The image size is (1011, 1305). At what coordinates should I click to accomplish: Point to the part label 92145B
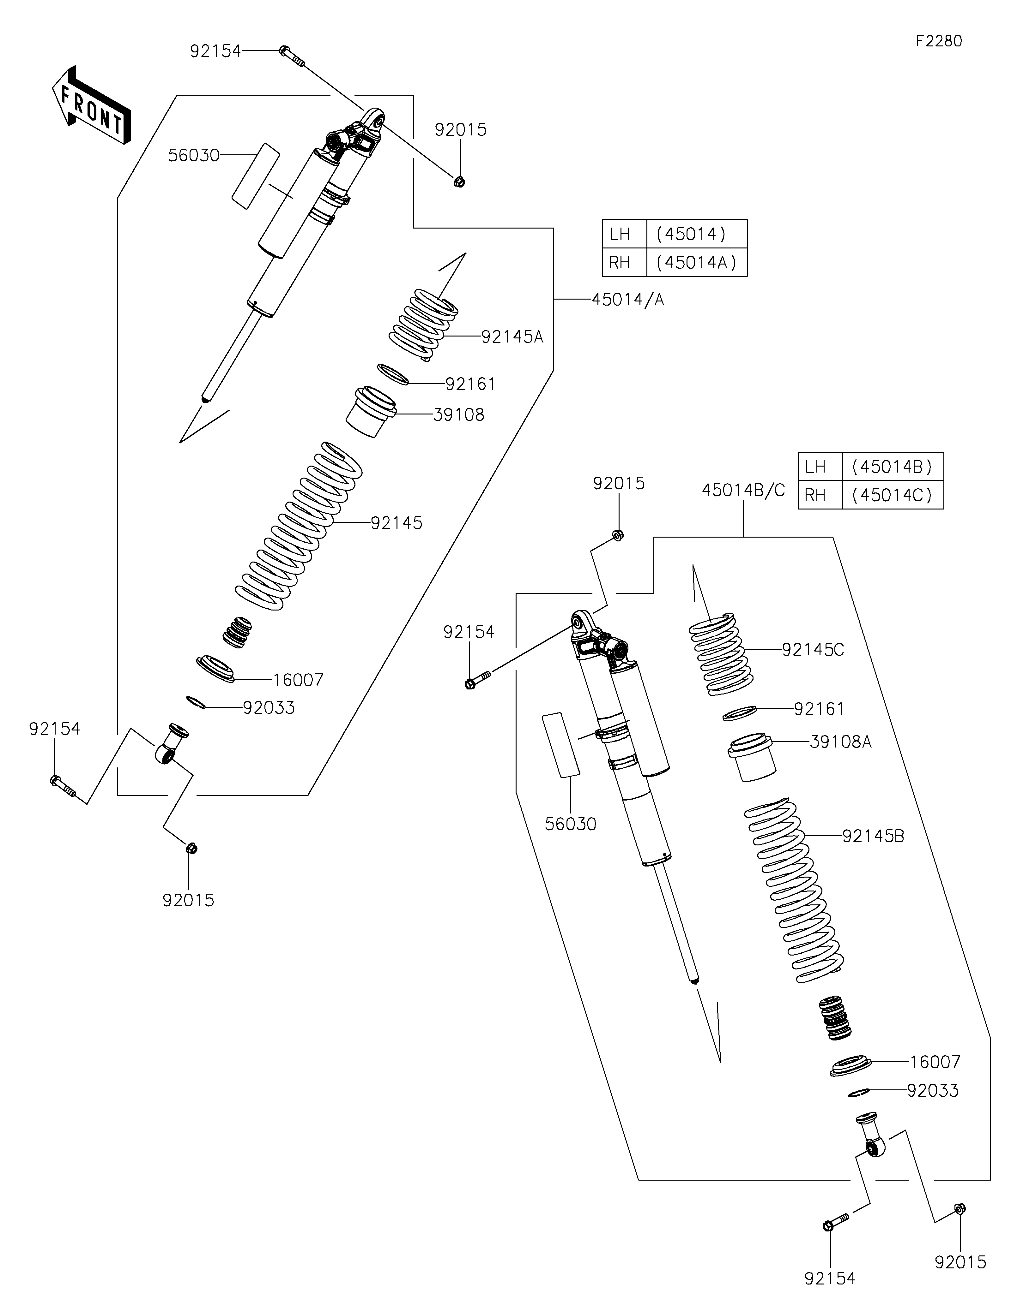(873, 836)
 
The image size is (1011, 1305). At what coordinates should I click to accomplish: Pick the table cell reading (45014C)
(892, 495)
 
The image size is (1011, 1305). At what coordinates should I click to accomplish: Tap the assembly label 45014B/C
(743, 490)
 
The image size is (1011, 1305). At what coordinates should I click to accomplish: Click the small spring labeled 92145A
(423, 325)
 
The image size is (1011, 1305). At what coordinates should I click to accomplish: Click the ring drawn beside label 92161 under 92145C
(740, 712)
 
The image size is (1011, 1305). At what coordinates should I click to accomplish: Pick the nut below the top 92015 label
(459, 181)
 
